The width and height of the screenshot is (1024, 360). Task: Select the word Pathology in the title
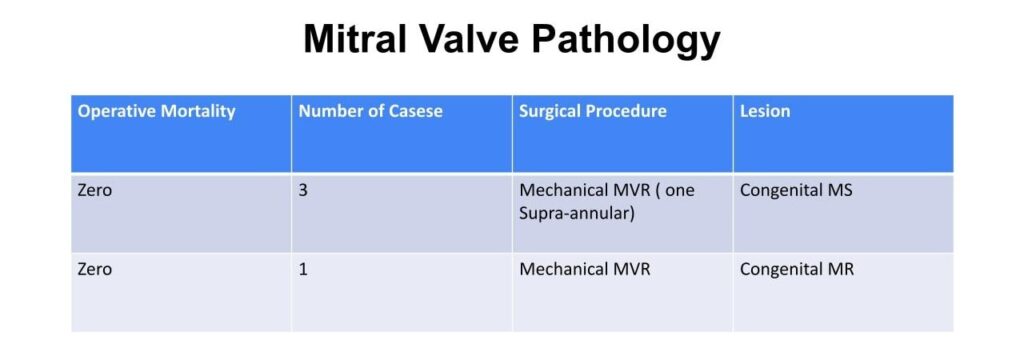[625, 41]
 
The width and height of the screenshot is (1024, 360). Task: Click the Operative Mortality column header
[156, 112]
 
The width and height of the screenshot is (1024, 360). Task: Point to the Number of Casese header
[370, 112]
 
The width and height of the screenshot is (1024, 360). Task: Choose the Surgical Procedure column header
[593, 112]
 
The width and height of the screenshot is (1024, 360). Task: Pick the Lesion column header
[765, 112]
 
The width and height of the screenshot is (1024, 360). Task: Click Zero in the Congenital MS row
[95, 192]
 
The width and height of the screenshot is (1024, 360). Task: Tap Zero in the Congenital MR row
[95, 269]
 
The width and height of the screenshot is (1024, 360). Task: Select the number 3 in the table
[303, 192]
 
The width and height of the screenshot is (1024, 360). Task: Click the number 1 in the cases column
[303, 269]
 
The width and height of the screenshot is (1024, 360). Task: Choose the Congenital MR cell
[797, 270]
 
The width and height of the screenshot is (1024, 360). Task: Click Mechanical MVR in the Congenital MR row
[584, 269]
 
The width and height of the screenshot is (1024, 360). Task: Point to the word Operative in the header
[117, 112]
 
